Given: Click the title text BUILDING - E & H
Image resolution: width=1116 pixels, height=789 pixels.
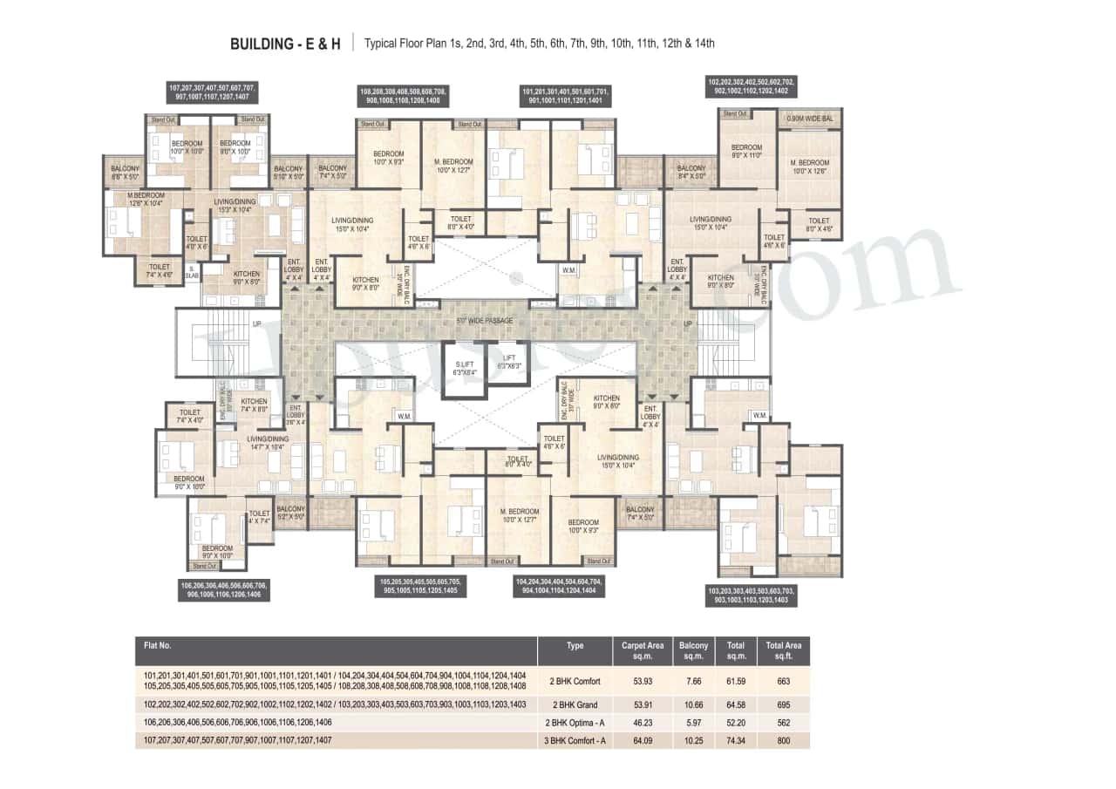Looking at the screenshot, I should click(x=285, y=43).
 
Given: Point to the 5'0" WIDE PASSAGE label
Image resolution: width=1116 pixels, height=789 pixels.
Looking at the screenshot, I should click(x=484, y=321).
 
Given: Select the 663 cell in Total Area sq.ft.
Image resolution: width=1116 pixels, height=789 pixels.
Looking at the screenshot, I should click(x=782, y=681).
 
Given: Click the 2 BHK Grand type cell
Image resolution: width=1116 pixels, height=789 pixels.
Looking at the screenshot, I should click(x=575, y=704).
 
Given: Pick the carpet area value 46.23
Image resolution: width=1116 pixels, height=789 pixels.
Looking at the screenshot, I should click(x=643, y=723).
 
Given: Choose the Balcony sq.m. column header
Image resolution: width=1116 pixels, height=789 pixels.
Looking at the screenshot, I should click(x=693, y=650).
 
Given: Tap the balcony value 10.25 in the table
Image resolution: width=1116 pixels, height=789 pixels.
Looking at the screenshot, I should click(x=693, y=740).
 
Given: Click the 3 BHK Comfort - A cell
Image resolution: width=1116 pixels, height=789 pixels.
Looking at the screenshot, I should click(x=575, y=740).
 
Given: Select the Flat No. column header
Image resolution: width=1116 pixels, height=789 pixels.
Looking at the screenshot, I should click(x=158, y=646).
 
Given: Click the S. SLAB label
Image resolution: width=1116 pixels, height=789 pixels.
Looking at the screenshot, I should click(x=190, y=272).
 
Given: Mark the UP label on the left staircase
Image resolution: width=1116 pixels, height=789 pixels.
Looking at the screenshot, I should click(x=257, y=323).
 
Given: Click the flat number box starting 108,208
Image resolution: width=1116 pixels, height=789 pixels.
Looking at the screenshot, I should click(x=403, y=96).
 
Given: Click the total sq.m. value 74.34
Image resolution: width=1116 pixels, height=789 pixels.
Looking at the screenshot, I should click(x=737, y=740).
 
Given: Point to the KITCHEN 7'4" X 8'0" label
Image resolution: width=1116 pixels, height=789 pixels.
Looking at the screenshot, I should click(x=254, y=405).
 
